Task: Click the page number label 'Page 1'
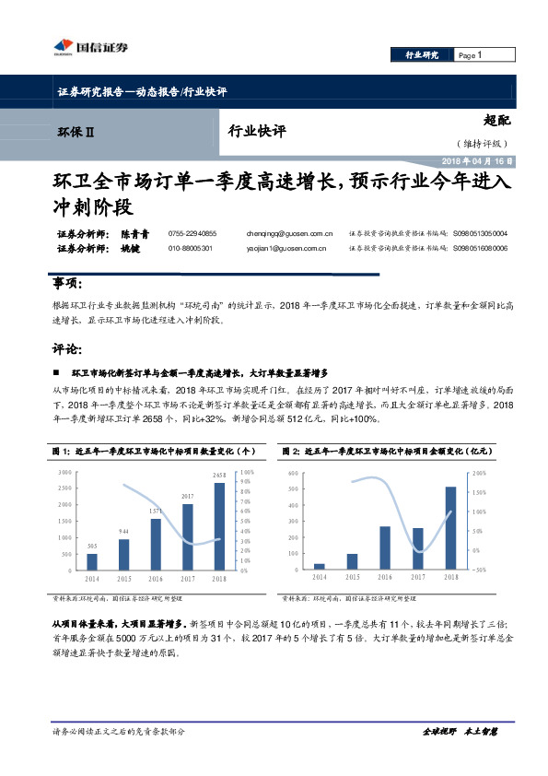click(x=472, y=55)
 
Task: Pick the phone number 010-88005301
click(x=192, y=249)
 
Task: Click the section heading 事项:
click(x=69, y=282)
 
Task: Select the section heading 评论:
click(x=69, y=349)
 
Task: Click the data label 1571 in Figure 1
click(x=156, y=511)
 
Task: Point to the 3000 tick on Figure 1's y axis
click(x=64, y=472)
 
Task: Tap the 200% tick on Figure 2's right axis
click(x=479, y=472)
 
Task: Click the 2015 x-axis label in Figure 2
click(x=352, y=577)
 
